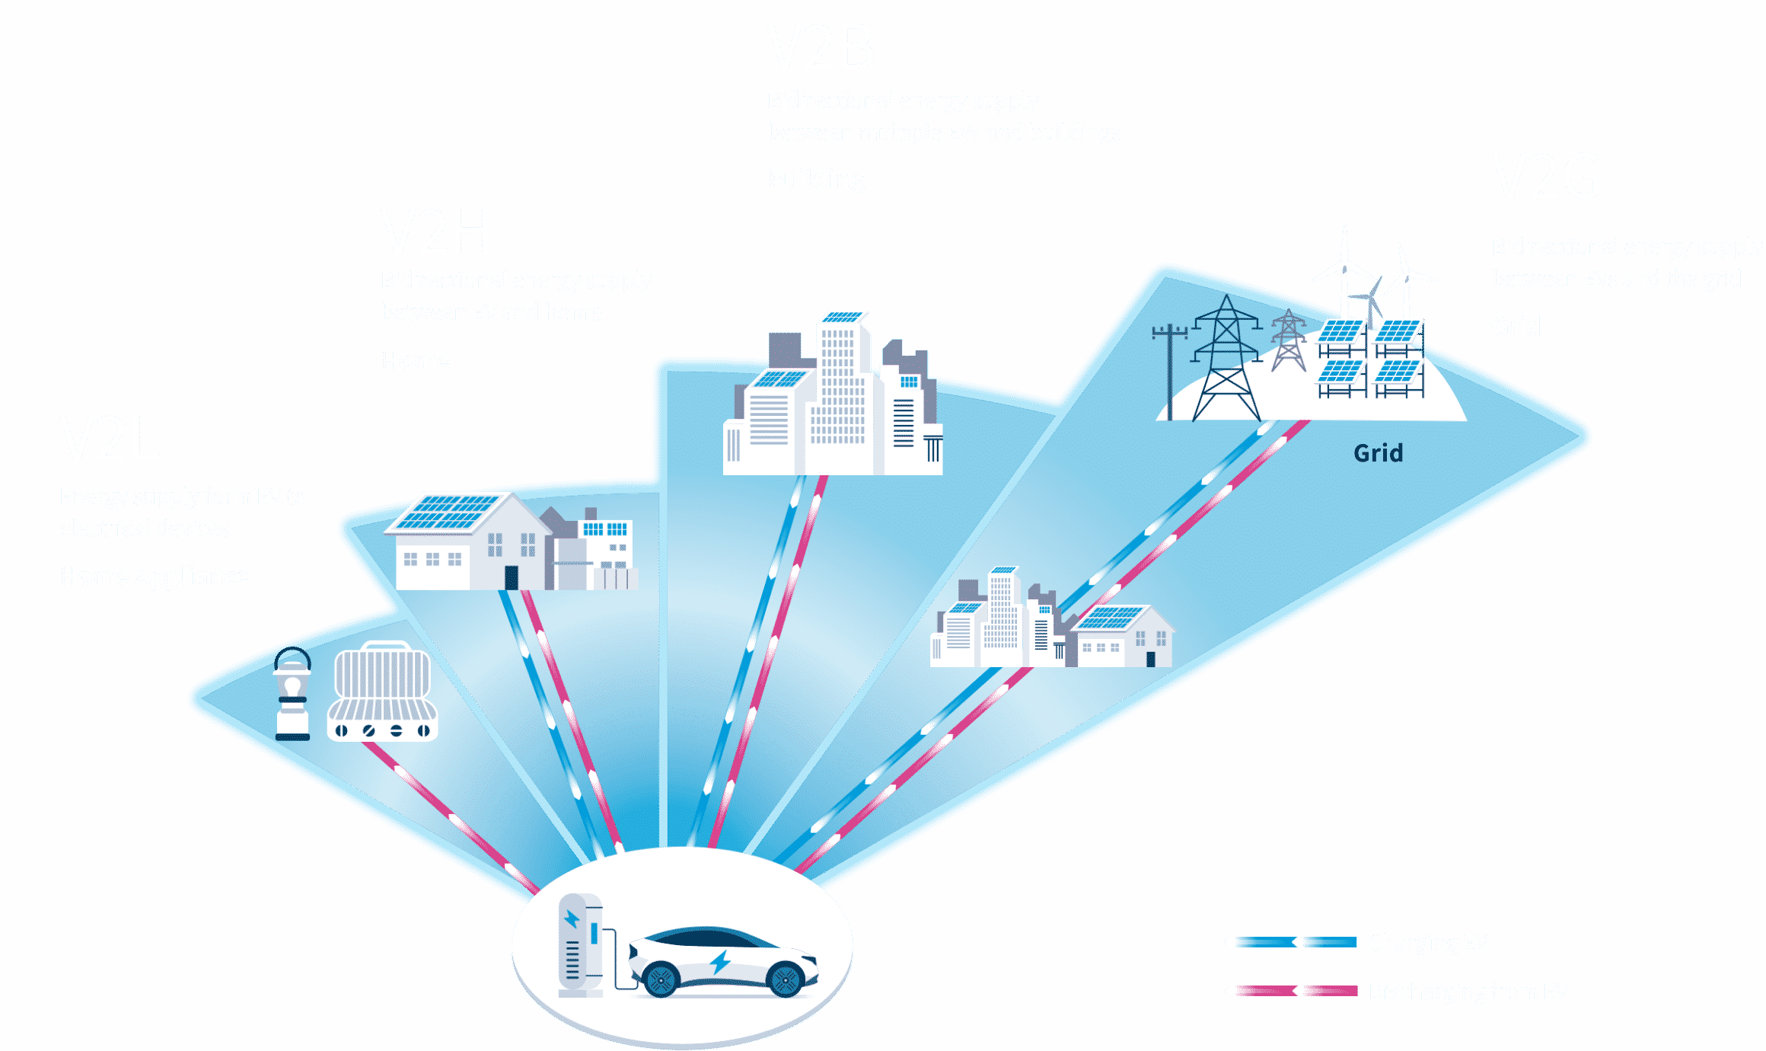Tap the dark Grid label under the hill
coord(1378,453)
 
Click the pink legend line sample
coord(1290,991)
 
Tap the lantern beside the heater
coord(292,695)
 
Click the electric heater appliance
coord(382,693)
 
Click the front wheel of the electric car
coord(785,979)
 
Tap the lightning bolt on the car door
coord(719,962)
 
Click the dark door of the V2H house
coord(512,577)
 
